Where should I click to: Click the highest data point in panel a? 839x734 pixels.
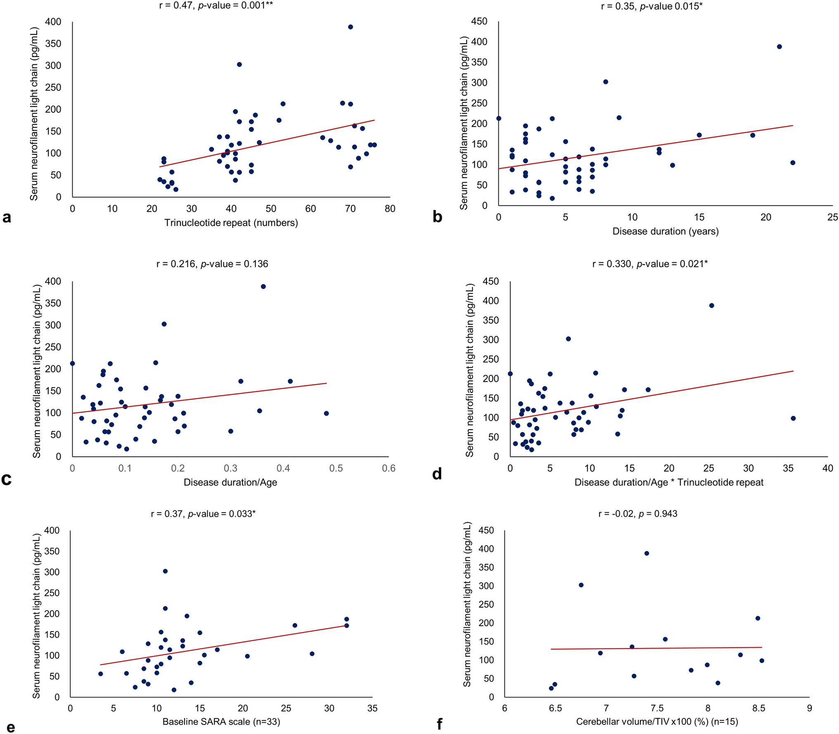pos(350,27)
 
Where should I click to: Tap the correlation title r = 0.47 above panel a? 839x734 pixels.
pos(216,6)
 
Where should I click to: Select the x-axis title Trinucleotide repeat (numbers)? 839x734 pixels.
pos(231,223)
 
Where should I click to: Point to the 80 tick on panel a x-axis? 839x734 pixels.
pos(390,209)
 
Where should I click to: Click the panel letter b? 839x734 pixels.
pos(437,217)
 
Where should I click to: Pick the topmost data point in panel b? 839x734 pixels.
pos(779,47)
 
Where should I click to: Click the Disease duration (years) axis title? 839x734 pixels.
pos(665,231)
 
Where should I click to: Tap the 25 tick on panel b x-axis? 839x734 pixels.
pos(832,217)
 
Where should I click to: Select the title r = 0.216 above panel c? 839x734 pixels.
pos(212,264)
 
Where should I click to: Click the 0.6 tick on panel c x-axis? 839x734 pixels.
pos(389,468)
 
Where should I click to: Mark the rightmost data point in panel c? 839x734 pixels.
pos(326,413)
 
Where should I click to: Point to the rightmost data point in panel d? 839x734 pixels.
pos(793,418)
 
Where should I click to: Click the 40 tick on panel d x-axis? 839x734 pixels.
pos(827,468)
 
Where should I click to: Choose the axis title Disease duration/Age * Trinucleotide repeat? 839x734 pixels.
pos(668,482)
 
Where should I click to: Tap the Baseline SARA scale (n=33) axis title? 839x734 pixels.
pos(221,722)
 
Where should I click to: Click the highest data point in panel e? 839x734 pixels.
pos(165,571)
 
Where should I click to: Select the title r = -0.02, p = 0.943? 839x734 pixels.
pos(638,514)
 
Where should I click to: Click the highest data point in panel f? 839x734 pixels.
pos(647,553)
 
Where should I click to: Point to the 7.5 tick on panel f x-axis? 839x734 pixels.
pos(657,708)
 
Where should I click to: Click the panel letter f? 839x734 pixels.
pos(439,724)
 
